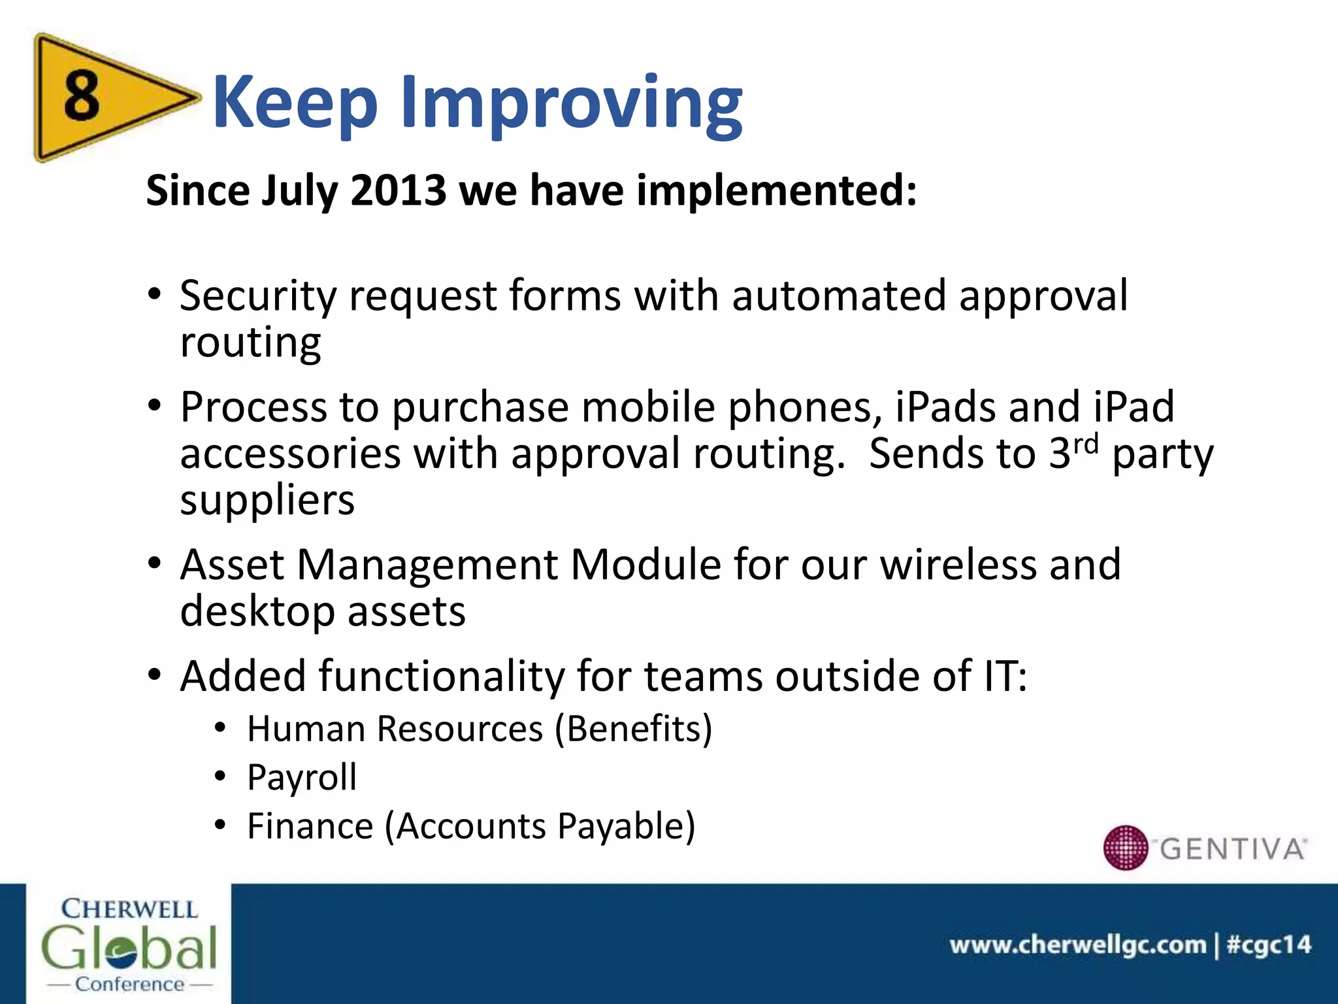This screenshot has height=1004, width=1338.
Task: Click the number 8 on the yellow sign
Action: tap(82, 96)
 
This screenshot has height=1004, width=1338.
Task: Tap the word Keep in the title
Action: tap(295, 103)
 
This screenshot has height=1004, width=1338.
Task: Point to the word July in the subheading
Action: tap(299, 192)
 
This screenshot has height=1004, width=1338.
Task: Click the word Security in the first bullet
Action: tap(257, 296)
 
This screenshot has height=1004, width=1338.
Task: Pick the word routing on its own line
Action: tap(250, 343)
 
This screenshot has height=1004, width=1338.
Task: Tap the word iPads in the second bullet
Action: tap(945, 407)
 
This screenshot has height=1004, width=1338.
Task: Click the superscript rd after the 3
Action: tap(1086, 444)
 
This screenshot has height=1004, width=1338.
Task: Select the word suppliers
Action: tap(267, 501)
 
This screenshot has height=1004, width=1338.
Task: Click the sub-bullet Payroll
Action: tap(302, 778)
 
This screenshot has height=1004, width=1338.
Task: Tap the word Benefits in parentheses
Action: tap(633, 729)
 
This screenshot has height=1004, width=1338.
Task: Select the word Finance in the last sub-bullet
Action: tap(310, 826)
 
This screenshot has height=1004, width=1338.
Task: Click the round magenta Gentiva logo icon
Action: tap(1125, 848)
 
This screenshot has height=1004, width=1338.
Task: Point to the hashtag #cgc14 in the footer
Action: tap(1269, 945)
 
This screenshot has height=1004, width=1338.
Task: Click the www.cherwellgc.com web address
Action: tap(1077, 945)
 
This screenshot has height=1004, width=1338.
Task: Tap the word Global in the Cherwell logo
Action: tap(129, 948)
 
